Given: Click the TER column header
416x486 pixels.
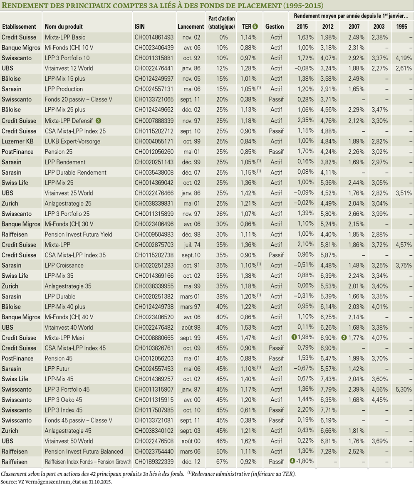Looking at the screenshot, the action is click(247, 27).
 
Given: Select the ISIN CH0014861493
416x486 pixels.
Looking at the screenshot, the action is click(154, 37).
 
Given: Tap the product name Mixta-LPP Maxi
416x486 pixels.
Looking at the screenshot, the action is click(64, 338).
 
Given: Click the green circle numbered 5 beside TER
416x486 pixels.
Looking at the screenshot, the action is click(255, 27).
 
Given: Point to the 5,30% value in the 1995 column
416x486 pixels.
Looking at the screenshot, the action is click(404, 390).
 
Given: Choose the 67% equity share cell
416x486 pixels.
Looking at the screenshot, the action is click(222, 462).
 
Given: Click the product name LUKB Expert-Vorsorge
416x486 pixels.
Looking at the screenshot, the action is click(72, 142).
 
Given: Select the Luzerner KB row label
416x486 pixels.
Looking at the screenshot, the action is click(17, 142).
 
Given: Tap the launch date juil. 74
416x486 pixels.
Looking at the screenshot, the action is click(192, 245).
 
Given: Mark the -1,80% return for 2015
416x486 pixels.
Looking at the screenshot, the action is click(305, 461).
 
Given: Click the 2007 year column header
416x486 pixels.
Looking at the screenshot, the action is click(354, 27).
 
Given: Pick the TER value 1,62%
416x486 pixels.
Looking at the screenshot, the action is click(248, 441).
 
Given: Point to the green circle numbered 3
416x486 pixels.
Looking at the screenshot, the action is click(98, 121).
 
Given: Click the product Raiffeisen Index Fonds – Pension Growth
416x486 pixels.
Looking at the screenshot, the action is click(88, 462).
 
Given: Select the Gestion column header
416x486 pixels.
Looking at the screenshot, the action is click(275, 27).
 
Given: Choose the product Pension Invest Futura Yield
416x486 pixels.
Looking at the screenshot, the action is click(79, 234).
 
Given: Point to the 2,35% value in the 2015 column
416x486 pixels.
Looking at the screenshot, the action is click(306, 120).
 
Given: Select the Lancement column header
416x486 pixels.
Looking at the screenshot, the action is click(191, 27).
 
